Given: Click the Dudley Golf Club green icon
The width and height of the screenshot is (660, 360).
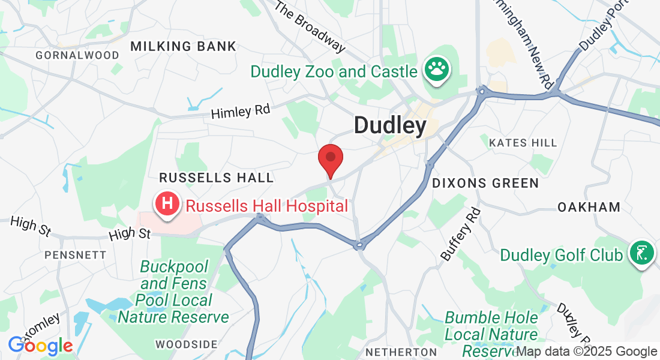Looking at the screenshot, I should pos(641,254).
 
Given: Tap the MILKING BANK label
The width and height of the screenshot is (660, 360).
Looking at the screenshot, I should pos(184,46).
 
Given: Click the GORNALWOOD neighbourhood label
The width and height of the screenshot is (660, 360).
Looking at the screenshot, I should pos(69,55).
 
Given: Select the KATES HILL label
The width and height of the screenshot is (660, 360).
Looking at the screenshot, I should pos(523,143).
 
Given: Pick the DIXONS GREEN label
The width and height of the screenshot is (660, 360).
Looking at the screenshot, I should pos(485,183).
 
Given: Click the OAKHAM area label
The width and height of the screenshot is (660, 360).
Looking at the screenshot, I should pos(589,207).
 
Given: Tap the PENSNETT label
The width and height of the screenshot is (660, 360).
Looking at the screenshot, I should pos(75,255).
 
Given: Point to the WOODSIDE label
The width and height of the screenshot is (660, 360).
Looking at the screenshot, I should pos(186,344).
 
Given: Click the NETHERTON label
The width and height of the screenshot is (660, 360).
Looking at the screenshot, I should pos(401,351).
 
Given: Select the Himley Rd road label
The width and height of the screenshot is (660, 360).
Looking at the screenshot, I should pos(241,111).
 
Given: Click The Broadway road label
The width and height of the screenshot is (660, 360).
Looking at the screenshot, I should pos(311,26).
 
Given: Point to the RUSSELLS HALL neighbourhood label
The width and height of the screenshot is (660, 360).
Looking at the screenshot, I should pos(216,178).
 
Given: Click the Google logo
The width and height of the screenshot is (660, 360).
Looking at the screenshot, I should pos(40,346).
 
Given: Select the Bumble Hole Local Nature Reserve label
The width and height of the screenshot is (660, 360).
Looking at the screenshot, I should pos(491,334).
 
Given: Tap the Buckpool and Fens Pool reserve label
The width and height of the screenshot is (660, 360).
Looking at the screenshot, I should pos(173,292).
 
